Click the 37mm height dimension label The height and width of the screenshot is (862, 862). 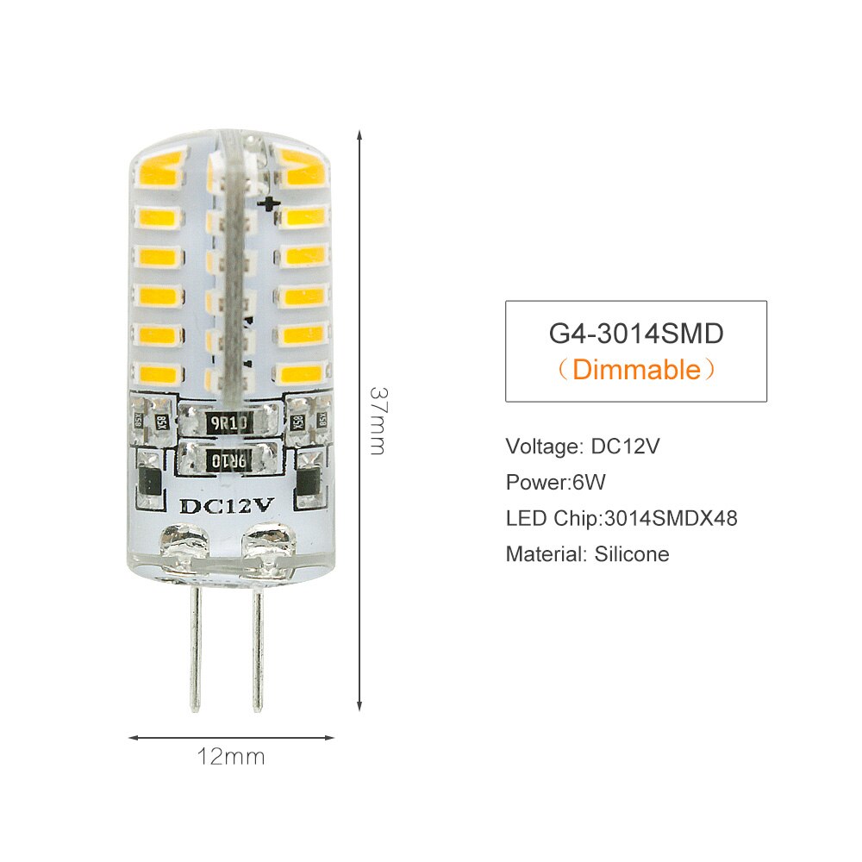tap(377, 420)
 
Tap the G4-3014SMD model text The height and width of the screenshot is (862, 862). tap(635, 333)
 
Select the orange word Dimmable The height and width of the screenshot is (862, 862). tap(636, 370)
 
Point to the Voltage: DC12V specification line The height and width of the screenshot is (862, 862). tap(583, 447)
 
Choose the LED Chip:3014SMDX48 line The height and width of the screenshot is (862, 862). tap(622, 518)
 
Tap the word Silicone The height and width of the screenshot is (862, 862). tap(632, 554)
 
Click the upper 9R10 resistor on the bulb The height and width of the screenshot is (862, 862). tap(228, 424)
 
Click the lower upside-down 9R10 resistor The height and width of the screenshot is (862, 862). tap(228, 461)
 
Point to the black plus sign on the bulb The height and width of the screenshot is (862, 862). tap(271, 203)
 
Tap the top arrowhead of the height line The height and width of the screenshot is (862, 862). tap(359, 135)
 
